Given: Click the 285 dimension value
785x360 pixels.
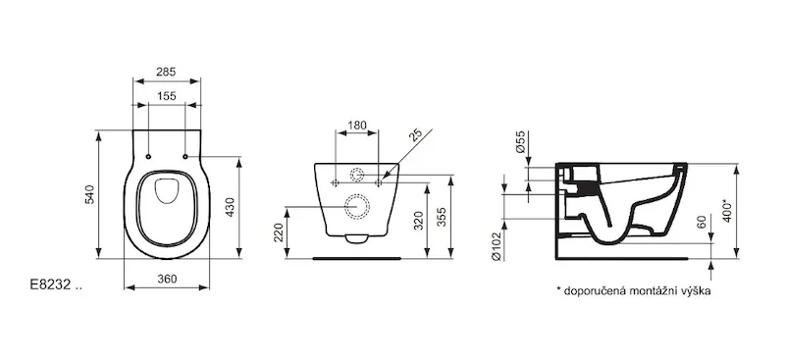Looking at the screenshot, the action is [166, 73].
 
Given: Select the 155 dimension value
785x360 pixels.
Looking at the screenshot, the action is [166, 96].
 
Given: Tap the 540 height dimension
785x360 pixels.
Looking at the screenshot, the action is [89, 194].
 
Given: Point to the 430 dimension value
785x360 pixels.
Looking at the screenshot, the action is [230, 207].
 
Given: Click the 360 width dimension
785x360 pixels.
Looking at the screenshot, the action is [167, 280].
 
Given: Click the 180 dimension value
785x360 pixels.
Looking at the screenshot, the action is [357, 126].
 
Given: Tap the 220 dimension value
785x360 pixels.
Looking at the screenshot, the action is [279, 232].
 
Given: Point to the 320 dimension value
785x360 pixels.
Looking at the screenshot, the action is [419, 221].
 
